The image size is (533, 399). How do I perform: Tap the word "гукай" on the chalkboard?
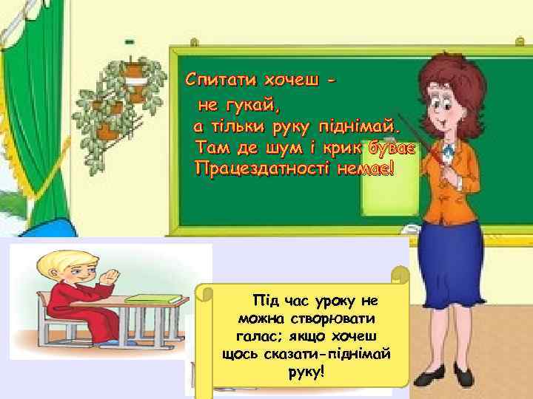click(251, 106)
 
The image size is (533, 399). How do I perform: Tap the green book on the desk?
click(153, 298)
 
